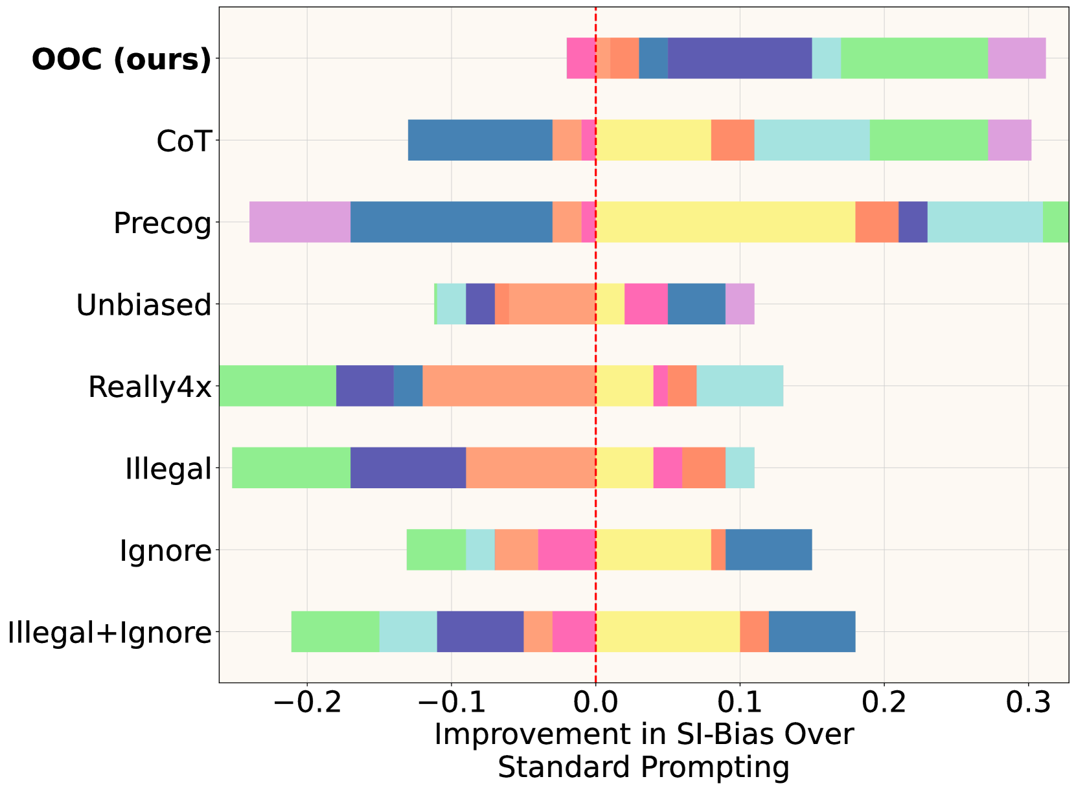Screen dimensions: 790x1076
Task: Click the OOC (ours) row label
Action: pyautogui.click(x=122, y=60)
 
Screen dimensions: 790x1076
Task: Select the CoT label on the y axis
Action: pyautogui.click(x=185, y=141)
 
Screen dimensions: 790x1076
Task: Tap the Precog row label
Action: pyautogui.click(x=163, y=223)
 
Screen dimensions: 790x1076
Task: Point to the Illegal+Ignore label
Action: pyautogui.click(x=109, y=633)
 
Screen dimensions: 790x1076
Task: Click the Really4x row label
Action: pyautogui.click(x=150, y=387)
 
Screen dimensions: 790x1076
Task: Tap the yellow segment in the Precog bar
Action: pyautogui.click(x=725, y=222)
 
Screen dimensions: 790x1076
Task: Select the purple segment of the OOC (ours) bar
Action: pyautogui.click(x=740, y=58)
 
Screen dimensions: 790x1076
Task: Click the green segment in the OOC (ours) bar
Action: pyautogui.click(x=914, y=58)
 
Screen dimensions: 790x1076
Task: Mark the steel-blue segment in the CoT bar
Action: pyautogui.click(x=480, y=140)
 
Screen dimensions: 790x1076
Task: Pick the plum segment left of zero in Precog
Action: pyautogui.click(x=300, y=222)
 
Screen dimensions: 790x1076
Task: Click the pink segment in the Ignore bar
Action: pyautogui.click(x=567, y=550)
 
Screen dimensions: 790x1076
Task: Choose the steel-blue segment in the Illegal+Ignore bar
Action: pyautogui.click(x=812, y=631)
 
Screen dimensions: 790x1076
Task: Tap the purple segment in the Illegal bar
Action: pyautogui.click(x=408, y=468)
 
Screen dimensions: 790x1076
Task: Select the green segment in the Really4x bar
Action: pyautogui.click(x=278, y=386)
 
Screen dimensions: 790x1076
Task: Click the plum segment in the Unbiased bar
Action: pyautogui.click(x=740, y=304)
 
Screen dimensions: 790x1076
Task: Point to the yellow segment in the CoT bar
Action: pyautogui.click(x=653, y=140)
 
